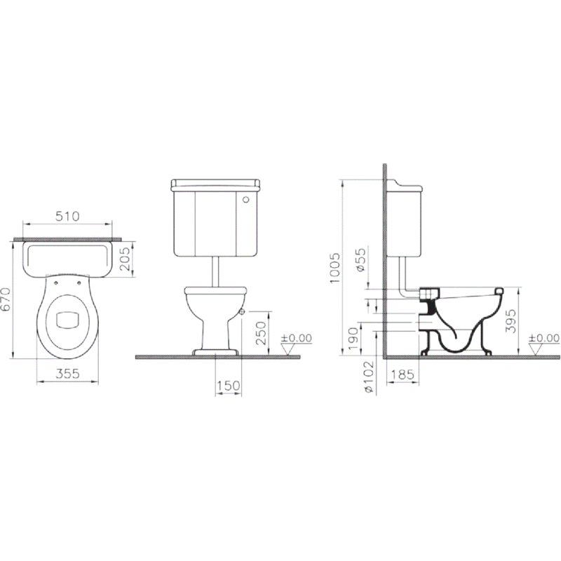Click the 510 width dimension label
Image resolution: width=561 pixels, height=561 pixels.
pos(67,216)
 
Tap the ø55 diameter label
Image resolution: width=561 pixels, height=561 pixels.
pos(360,260)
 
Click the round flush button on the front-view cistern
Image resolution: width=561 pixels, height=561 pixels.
pos(246,199)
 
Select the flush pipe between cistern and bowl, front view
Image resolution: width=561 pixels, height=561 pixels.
pos(216,270)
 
